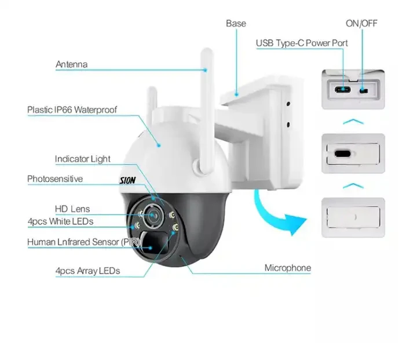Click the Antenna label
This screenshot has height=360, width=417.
pos(71,64)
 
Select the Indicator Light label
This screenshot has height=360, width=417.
pos(82,159)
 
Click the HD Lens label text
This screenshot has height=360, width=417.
pos(72,209)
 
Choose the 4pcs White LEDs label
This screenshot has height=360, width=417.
pos(60,221)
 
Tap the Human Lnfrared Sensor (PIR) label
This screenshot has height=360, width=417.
pos(81,242)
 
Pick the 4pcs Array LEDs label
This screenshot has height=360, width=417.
pos(87,270)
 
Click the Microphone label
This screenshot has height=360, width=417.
pos(287,268)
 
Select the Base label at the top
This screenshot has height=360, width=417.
pos(236,24)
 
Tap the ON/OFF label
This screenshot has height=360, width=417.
pos(362,24)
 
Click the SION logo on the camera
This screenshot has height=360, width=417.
pos(126,181)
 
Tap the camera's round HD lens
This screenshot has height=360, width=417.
pos(153,214)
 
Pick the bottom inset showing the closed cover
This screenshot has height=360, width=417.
pos(353,218)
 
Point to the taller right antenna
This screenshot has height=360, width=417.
pos(204,110)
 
